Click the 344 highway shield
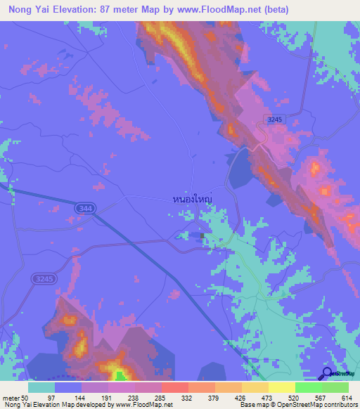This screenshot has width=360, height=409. (85, 207)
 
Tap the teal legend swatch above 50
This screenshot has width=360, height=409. (41, 387)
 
